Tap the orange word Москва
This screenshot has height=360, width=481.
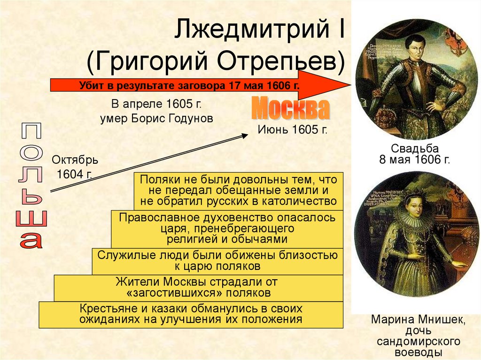coord(290,108)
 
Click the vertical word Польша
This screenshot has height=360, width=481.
coord(31,186)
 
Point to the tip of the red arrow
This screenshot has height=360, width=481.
coord(350,85)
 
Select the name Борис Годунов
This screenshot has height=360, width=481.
coord(172,118)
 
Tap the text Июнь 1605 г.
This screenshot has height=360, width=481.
coord(292,130)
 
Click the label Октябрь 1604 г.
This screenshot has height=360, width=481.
coord(75,167)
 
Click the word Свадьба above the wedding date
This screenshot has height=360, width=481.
coord(415,149)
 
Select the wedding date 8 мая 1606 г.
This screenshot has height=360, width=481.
coord(414,160)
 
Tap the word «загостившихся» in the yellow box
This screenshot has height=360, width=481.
coord(174,293)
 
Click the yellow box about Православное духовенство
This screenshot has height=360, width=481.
coord(227,229)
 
